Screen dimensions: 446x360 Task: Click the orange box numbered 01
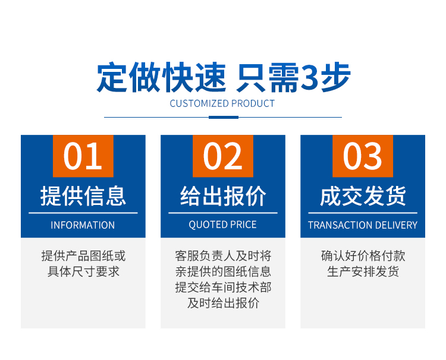83,156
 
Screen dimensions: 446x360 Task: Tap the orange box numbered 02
223,156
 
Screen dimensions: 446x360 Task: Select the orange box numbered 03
363,156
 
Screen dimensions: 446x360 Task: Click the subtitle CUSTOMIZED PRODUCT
222,103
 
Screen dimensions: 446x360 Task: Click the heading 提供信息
83,196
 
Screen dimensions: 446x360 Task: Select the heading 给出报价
223,196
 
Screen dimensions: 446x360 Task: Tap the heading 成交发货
363,196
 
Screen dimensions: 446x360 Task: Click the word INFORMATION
83,225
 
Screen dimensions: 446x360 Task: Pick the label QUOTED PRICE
223,225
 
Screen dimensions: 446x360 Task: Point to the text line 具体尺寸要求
83,271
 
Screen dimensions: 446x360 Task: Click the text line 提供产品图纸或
83,255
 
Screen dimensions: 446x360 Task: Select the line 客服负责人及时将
223,255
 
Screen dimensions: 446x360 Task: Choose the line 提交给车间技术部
223,288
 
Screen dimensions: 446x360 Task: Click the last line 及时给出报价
223,303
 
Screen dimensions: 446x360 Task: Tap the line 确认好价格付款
363,255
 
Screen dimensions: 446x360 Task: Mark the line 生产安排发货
363,271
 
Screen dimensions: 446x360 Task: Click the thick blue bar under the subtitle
223,118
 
